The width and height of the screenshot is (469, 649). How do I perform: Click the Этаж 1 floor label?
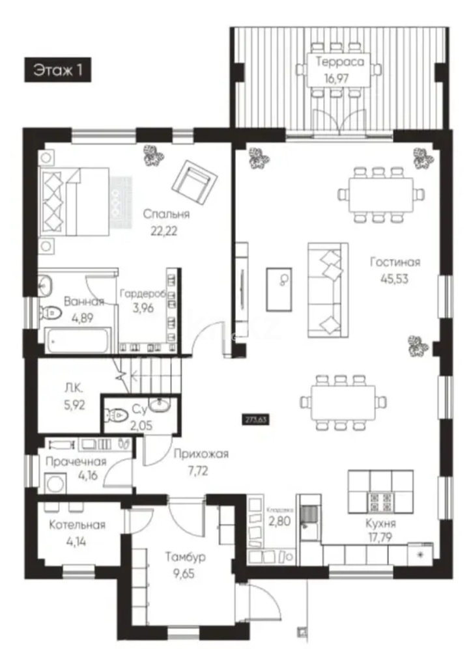click(58, 70)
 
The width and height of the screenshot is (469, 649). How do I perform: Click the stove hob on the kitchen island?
click(381, 502)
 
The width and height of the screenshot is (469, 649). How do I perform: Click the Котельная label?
click(78, 525)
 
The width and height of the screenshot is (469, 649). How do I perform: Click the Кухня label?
click(381, 523)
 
